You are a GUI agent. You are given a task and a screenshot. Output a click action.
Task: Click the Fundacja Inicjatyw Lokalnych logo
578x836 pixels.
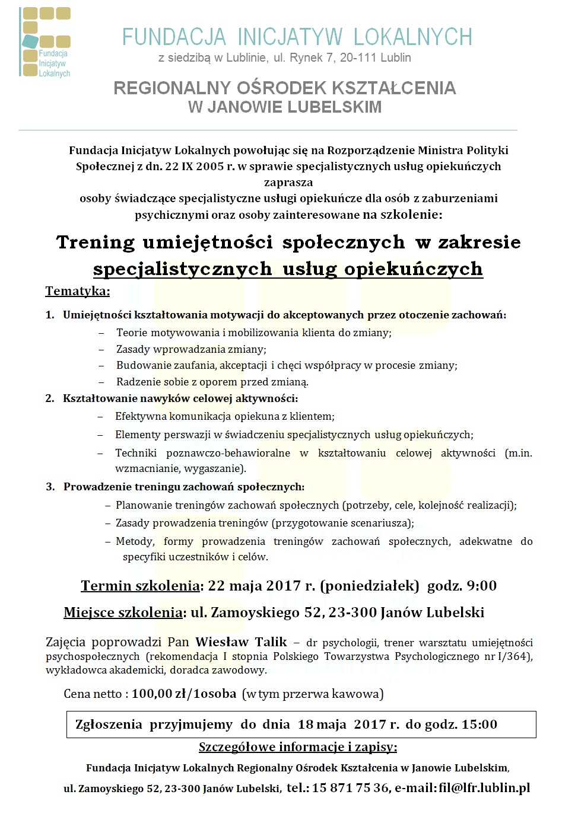(45, 42)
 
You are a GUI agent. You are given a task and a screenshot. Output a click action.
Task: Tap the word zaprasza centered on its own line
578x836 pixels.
(288, 182)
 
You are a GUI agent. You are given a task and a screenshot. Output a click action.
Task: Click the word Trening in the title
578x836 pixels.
(96, 242)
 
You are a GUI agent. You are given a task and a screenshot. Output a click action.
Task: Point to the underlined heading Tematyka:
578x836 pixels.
(77, 291)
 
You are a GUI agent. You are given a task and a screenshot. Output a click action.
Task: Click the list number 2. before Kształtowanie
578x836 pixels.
(50, 398)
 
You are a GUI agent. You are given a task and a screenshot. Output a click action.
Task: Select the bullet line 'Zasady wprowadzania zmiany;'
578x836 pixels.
(191, 349)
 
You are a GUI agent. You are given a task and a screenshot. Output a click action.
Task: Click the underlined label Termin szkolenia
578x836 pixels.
(140, 586)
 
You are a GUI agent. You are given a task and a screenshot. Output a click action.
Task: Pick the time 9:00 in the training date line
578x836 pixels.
(482, 586)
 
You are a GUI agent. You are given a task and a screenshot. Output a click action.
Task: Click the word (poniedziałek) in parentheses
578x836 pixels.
(370, 586)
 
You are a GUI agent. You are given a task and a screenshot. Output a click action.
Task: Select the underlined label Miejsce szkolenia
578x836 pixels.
(123, 612)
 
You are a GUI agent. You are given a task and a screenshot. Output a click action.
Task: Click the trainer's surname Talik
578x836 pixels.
(271, 642)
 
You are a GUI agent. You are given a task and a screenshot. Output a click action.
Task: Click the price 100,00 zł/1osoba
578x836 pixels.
(184, 694)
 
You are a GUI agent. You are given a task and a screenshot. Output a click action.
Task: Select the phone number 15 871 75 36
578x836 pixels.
(350, 788)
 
